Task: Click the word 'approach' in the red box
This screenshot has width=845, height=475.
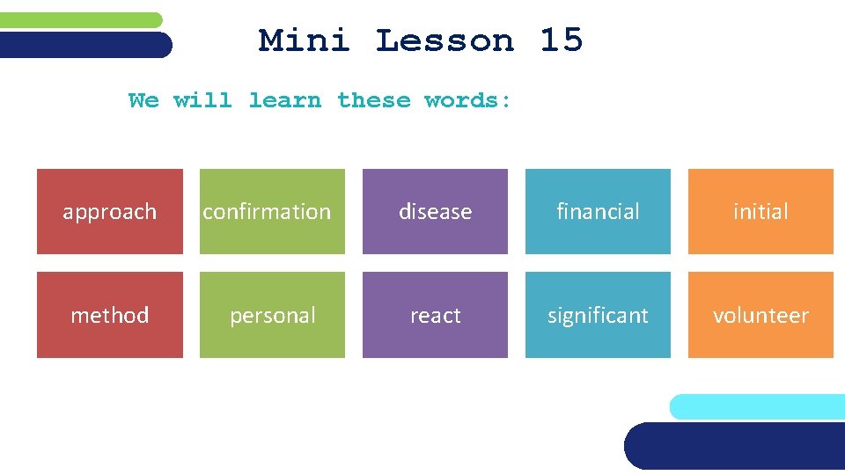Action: pos(109,212)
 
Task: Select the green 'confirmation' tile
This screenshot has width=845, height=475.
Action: pos(272,212)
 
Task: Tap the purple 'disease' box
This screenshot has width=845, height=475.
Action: pos(435,212)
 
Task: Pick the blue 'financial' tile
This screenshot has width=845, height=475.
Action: pos(598,212)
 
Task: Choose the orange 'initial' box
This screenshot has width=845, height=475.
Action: pos(760,212)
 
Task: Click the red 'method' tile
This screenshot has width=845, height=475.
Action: pos(109,315)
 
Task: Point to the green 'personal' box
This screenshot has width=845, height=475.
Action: pos(272,315)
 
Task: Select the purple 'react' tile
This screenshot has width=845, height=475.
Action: pos(435,315)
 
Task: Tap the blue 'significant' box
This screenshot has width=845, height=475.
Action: pos(598,315)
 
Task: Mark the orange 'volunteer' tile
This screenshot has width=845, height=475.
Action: pos(760,315)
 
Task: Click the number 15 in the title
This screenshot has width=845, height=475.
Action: pos(561,40)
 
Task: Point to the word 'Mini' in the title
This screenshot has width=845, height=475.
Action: pos(304,40)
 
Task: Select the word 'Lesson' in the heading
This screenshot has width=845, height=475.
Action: pos(445,40)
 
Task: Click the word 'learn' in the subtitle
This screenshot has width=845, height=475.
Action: pos(284,100)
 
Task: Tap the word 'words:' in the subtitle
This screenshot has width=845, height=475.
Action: pos(467,100)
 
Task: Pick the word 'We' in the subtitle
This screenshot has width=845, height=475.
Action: pos(143,100)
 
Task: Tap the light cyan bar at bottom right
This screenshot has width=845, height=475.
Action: pos(757,406)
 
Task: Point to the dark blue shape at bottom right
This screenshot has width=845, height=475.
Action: pos(735,446)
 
